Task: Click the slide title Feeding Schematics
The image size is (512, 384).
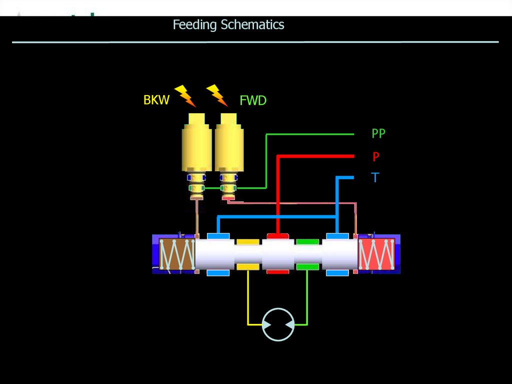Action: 228,25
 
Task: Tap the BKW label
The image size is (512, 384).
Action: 156,100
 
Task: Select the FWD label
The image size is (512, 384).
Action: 253,101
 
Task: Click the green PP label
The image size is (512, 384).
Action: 378,134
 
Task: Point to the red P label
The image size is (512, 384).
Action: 375,157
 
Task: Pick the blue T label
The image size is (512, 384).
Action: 375,178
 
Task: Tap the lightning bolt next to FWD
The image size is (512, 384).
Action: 217,95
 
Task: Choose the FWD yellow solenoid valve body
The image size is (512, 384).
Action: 228,145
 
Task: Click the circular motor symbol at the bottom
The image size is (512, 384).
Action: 278,324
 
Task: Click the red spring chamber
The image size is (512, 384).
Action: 377,254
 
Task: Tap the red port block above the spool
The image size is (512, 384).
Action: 277,236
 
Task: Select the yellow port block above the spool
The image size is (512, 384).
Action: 247,242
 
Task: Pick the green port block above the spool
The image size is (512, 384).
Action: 307,242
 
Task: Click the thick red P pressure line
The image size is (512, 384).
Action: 278,190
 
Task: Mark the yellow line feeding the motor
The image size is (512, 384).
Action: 248,300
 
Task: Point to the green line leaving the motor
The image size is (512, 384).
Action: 307,300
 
